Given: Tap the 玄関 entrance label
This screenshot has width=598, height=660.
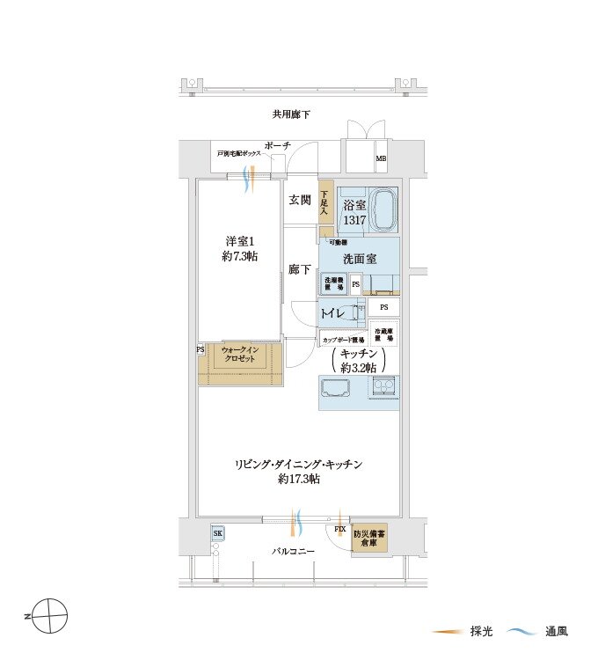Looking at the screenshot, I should (x=299, y=200).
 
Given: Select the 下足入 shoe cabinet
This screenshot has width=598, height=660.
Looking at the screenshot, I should (x=325, y=206).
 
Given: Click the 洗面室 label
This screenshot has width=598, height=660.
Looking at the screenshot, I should (x=359, y=260).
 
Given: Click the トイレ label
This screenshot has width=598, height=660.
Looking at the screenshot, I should (x=332, y=312).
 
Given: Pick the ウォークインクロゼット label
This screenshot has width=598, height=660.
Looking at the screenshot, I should (x=239, y=356).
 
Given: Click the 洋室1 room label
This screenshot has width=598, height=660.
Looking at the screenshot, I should (x=238, y=247).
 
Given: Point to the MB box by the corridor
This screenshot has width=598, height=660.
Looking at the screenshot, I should (x=381, y=158).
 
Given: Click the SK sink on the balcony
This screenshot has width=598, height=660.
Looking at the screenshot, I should (x=218, y=533).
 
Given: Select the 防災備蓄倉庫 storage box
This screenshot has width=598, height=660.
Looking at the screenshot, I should (x=369, y=539).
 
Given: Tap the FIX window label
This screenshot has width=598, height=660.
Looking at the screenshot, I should (x=339, y=529).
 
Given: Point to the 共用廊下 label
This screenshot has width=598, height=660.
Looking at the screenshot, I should (x=291, y=114).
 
